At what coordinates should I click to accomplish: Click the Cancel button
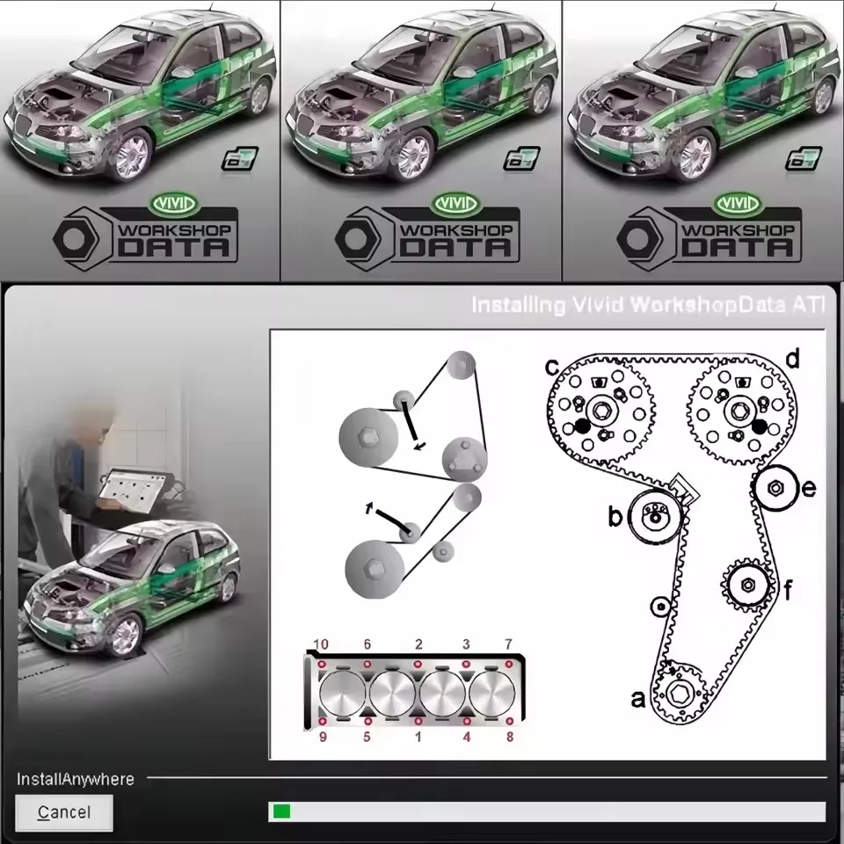[x=64, y=812]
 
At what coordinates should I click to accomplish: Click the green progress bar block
[x=281, y=811]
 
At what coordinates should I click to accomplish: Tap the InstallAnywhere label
[x=76, y=779]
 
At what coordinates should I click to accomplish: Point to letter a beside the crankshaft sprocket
[x=639, y=700]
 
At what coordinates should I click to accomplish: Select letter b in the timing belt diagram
[x=615, y=517]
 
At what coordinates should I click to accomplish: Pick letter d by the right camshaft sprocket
[x=791, y=359]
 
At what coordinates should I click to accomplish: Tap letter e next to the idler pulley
[x=809, y=489]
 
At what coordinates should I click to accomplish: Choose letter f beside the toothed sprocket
[x=788, y=590]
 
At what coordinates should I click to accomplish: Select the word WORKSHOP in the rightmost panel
[x=738, y=228]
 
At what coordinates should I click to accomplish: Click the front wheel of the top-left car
[x=131, y=156]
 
